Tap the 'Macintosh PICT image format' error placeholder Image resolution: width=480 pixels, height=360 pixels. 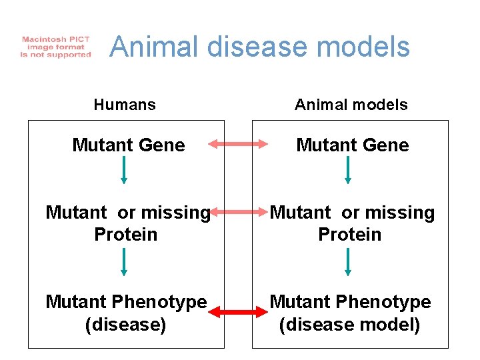point(56,47)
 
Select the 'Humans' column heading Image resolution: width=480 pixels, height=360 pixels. point(125,105)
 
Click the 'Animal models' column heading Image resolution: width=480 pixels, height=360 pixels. point(351,105)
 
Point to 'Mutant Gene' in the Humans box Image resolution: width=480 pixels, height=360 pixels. point(129,145)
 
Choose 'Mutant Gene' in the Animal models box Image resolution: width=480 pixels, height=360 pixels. point(353,145)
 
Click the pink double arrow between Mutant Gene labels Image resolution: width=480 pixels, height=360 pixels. point(238,143)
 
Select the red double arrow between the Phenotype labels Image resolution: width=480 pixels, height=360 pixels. point(238,311)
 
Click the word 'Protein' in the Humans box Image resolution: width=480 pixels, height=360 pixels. point(126,235)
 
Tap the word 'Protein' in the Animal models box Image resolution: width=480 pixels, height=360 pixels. point(350,235)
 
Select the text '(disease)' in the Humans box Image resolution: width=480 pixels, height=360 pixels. point(126,325)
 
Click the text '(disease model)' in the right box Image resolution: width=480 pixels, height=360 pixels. point(350,325)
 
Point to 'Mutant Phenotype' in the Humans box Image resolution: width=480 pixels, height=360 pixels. point(126,302)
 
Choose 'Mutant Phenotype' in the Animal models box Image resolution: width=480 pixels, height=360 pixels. point(350,302)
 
